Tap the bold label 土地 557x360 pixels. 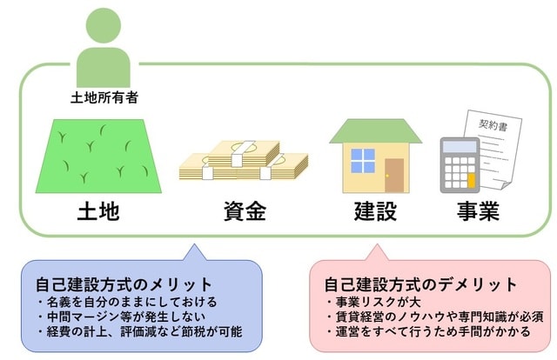click(x=97, y=210)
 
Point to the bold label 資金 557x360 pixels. click(x=243, y=210)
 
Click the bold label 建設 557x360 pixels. click(x=377, y=210)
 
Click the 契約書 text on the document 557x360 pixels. click(x=492, y=125)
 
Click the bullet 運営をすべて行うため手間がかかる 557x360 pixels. click(x=429, y=332)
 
